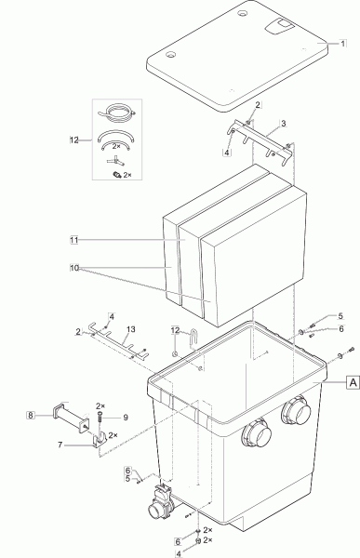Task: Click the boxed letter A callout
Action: click(353, 382)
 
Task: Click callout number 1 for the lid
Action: click(342, 44)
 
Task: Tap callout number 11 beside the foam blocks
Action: click(74, 240)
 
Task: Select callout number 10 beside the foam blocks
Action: click(74, 268)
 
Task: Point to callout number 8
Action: click(31, 415)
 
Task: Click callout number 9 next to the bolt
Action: click(126, 417)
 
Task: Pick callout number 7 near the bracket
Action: click(60, 445)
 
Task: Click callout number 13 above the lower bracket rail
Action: click(130, 329)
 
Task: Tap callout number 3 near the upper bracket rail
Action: click(283, 124)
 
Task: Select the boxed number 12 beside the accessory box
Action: click(74, 139)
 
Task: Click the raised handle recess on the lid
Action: click(281, 26)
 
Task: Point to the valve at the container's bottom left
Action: click(161, 500)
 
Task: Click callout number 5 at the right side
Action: click(340, 315)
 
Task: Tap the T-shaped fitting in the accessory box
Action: click(116, 162)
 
